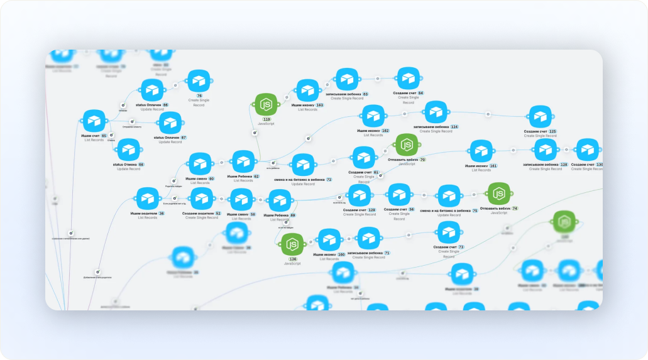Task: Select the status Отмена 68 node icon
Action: click(x=129, y=150)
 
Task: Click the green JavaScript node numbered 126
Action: click(x=292, y=244)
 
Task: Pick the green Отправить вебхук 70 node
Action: click(x=406, y=145)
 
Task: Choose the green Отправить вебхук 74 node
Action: click(x=498, y=194)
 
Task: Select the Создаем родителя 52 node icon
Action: click(x=201, y=199)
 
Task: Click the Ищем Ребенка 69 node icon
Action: click(x=280, y=200)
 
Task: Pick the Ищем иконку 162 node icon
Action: click(x=373, y=116)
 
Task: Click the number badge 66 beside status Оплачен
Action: click(x=165, y=105)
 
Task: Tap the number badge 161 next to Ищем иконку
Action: click(x=493, y=165)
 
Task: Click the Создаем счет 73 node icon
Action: click(x=448, y=233)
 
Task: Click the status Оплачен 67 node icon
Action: click(x=170, y=123)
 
